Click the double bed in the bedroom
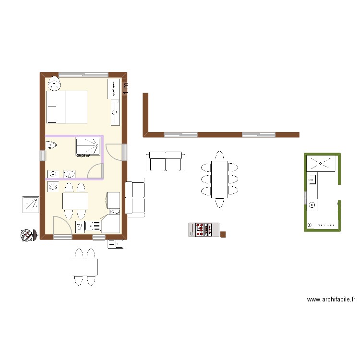coord(67,107)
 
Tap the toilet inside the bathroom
coord(50,145)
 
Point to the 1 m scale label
coord(126,89)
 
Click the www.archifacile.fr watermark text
coord(331,299)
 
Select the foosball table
coord(203,230)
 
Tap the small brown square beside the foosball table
coord(223,234)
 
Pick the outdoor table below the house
coord(85,267)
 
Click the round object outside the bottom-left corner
coord(28,235)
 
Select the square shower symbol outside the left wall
coord(31,204)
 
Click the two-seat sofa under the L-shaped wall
coord(166,161)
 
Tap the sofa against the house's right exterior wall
coord(134,198)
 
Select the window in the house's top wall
coord(84,74)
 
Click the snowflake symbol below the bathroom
coord(53,186)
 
